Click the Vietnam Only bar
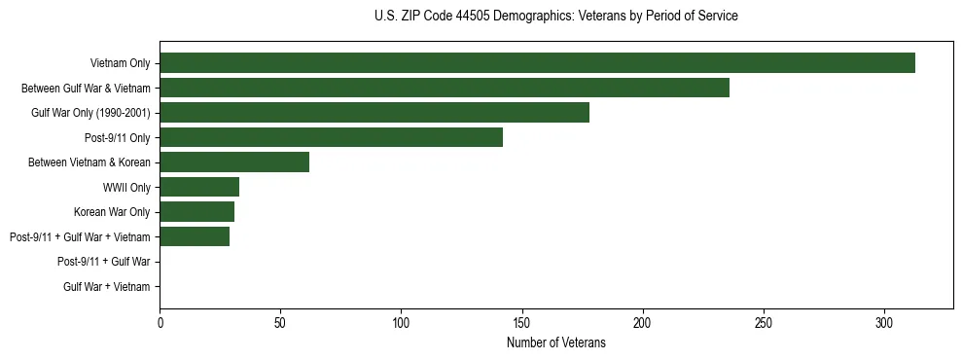point(537,63)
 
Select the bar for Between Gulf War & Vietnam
point(445,88)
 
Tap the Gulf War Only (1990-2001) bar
point(374,113)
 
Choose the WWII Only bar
point(199,187)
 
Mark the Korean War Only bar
point(196,212)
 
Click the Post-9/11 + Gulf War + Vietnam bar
point(195,236)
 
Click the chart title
point(555,17)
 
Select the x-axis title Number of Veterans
point(555,342)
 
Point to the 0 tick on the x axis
point(160,321)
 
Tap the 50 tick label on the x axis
point(280,321)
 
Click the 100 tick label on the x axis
point(401,321)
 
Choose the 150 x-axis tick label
point(522,321)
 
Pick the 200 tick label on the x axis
point(643,321)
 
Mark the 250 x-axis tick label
point(764,321)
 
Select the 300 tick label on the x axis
point(884,321)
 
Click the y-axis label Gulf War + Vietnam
point(107,286)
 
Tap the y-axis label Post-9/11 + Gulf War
point(104,262)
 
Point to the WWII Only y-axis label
point(126,187)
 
